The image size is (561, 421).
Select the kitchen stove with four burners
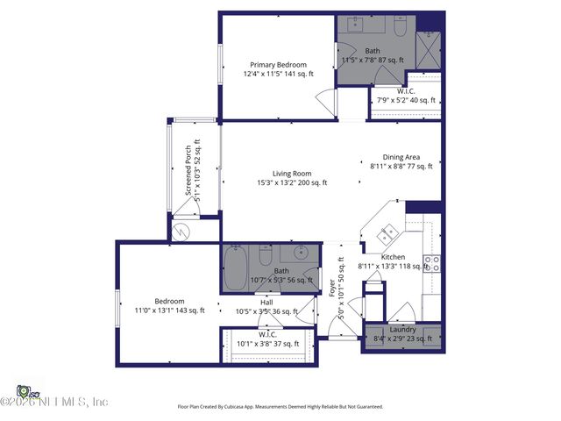point(431,262)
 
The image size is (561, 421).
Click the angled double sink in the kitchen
point(387,233)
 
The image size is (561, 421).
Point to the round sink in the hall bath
point(299,255)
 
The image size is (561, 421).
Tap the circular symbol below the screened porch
point(181,232)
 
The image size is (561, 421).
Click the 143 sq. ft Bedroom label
point(168,305)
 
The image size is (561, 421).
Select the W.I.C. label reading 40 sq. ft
point(406,96)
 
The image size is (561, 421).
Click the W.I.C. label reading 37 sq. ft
point(267,339)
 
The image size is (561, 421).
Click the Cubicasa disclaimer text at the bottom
point(280,407)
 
